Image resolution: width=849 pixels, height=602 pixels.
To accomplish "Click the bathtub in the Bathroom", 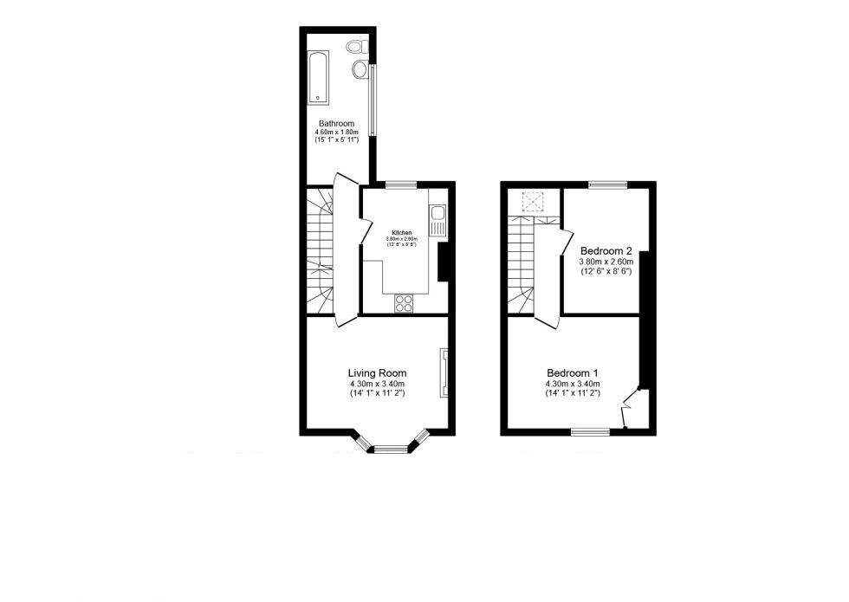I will click(318, 75).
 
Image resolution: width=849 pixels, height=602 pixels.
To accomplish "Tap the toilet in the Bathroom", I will click(355, 46).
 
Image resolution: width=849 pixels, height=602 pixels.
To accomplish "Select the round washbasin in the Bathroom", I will click(360, 68).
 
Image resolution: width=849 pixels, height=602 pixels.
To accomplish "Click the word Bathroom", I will click(336, 124).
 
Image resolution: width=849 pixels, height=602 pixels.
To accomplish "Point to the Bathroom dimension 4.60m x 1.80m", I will click(336, 133).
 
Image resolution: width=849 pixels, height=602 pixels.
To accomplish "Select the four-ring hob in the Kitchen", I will click(404, 302).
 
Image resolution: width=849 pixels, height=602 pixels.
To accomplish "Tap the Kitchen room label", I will click(402, 233).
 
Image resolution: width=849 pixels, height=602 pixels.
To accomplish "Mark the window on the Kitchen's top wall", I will click(400, 184).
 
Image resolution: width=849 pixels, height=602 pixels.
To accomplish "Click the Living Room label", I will click(378, 373).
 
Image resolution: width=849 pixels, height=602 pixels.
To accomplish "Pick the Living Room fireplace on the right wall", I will click(444, 372).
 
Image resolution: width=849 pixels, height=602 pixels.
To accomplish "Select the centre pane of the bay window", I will click(391, 448).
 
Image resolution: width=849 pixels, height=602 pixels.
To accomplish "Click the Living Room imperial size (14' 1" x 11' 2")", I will click(378, 394).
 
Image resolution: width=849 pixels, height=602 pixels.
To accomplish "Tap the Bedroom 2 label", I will click(606, 249).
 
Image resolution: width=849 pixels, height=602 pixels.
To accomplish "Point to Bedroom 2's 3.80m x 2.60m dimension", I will click(606, 261).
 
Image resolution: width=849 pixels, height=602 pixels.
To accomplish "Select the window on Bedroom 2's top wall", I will click(608, 184).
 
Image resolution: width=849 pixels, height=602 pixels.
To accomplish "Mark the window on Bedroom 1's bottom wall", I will click(590, 430).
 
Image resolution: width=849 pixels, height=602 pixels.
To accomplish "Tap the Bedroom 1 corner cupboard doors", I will click(630, 408).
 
